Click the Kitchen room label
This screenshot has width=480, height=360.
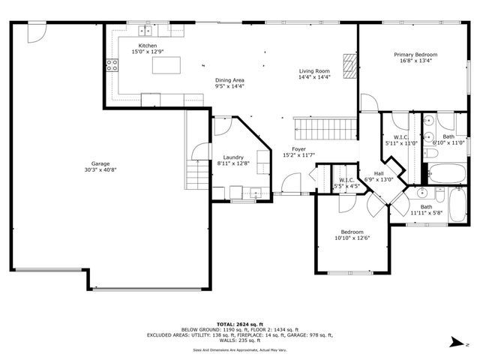[x=147, y=46]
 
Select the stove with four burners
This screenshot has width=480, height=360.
[x=112, y=64]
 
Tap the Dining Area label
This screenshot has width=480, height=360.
[x=229, y=80]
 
